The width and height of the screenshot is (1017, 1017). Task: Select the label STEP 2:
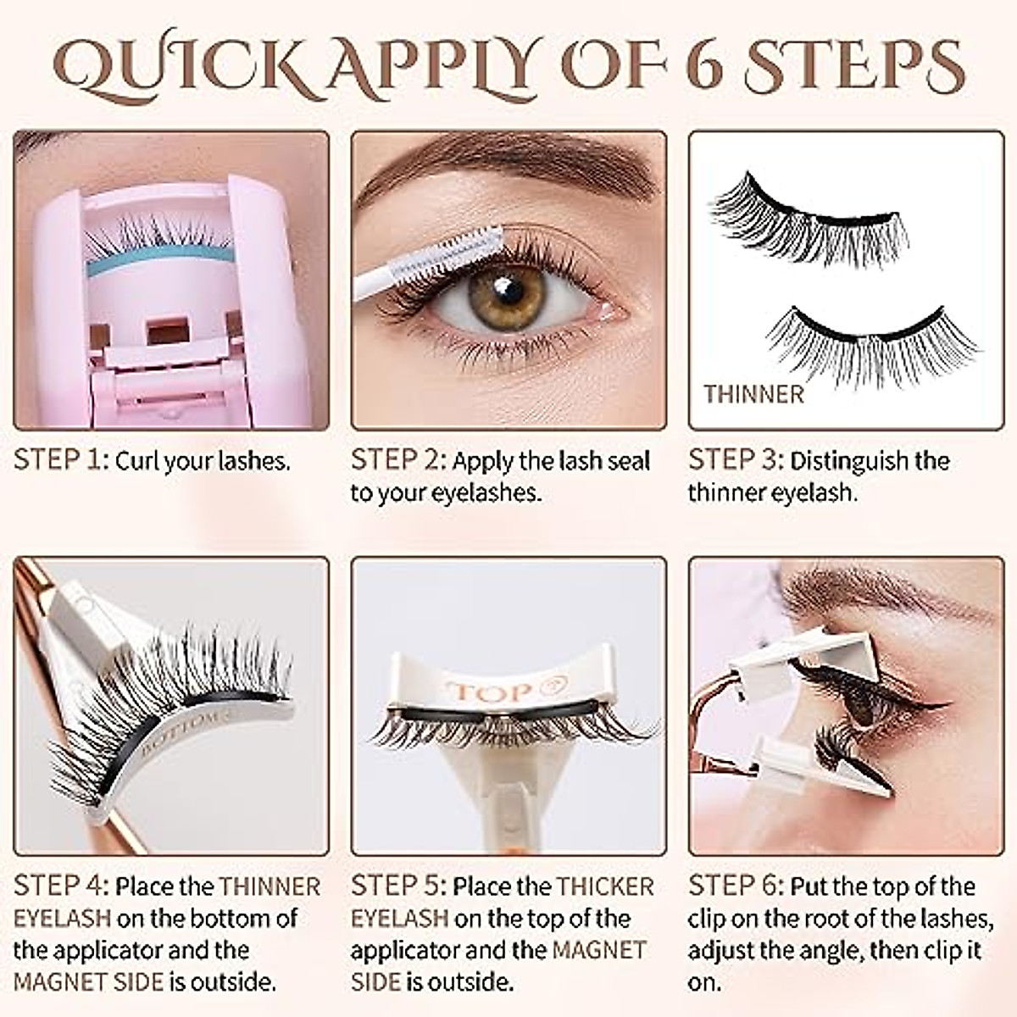(397, 460)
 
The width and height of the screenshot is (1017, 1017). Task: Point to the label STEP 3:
(735, 460)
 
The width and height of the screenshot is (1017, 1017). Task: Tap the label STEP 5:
(397, 886)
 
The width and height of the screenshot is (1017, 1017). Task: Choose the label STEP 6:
(735, 886)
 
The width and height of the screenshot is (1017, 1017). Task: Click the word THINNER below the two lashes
(753, 394)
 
